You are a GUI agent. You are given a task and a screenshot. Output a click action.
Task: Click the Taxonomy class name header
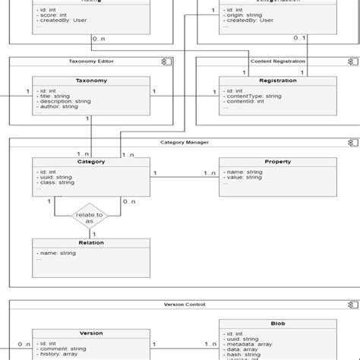pyautogui.click(x=91, y=81)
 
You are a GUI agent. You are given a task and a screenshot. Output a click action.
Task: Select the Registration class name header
pyautogui.click(x=277, y=81)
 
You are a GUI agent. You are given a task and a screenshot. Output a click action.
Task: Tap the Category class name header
pyautogui.click(x=91, y=161)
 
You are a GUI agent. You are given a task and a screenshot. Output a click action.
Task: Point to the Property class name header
pyautogui.click(x=277, y=162)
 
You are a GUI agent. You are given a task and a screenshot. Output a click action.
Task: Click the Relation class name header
pyautogui.click(x=91, y=243)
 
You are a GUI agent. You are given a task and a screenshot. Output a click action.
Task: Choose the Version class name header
pyautogui.click(x=91, y=333)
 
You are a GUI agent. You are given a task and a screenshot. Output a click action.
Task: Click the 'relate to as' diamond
pyautogui.click(x=89, y=217)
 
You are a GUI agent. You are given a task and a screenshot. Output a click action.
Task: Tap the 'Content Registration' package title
pyautogui.click(x=277, y=61)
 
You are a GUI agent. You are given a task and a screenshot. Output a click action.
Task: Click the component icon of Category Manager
pyautogui.click(x=351, y=142)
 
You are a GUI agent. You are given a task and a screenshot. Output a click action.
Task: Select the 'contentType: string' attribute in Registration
pyautogui.click(x=254, y=96)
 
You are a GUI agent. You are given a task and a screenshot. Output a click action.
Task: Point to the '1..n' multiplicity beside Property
pyautogui.click(x=209, y=173)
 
